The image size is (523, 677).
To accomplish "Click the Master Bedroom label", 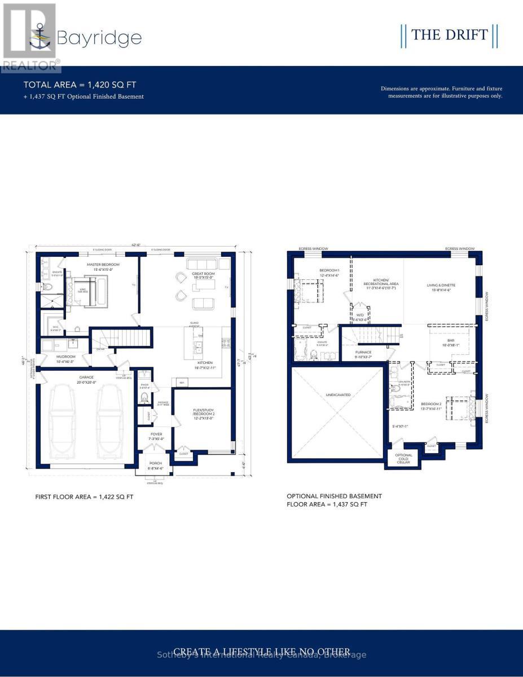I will coord(103,265).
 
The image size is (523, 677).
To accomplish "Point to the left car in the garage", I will coord(64,417).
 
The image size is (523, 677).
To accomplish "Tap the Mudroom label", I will coord(66,357).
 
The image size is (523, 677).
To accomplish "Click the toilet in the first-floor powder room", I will coord(143,398).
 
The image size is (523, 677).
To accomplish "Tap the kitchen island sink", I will coord(198,346).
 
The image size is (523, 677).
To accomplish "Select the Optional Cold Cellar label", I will coord(403,458).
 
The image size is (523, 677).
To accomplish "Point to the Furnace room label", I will coord(363,352).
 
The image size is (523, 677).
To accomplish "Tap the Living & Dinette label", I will coord(441,285).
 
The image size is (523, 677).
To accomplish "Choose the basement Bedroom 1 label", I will coord(329,270).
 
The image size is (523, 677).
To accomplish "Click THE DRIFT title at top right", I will coord(449,35).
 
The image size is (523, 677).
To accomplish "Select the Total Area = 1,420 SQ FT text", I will coord(80,85).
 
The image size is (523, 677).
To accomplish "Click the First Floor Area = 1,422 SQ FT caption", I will coord(84,497).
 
